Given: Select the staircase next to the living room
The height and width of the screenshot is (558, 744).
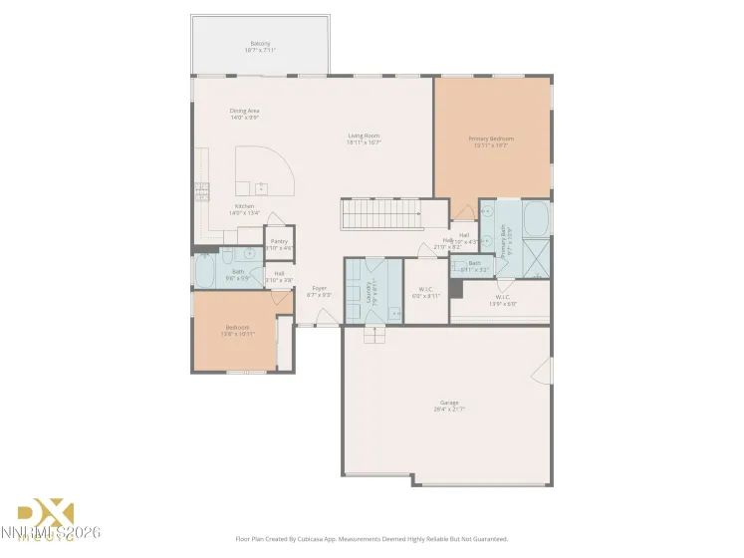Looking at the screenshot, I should click(x=379, y=214).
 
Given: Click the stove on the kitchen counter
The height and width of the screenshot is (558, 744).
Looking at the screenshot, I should click(x=202, y=190).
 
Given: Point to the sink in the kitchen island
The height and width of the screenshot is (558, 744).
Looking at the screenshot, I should click(x=262, y=186).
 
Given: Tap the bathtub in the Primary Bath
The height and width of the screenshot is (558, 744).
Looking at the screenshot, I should click(x=535, y=217).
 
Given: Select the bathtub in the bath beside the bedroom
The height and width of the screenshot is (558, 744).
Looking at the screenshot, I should click(x=205, y=271).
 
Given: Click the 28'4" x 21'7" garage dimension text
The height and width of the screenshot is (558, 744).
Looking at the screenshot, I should click(x=449, y=410).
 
